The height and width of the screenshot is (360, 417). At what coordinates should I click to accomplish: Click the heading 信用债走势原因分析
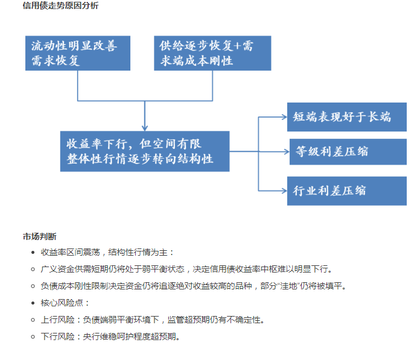[60, 5]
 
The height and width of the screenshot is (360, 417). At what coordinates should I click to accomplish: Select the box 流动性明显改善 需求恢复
[78, 53]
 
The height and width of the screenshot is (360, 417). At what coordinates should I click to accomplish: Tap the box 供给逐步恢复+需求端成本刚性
[212, 53]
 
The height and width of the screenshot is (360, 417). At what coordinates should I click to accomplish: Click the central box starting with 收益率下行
[145, 151]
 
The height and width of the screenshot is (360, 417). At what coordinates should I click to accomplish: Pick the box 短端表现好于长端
[347, 117]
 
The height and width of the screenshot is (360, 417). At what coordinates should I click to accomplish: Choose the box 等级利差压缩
[348, 152]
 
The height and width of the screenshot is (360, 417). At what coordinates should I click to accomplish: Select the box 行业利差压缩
[347, 191]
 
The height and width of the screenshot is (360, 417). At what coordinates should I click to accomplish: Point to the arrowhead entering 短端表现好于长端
[285, 117]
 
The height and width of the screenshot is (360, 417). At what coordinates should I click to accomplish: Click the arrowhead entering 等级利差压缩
[287, 152]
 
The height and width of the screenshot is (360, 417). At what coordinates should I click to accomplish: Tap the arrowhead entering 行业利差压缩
[285, 191]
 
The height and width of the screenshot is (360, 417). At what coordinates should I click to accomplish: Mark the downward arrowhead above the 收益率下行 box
[145, 128]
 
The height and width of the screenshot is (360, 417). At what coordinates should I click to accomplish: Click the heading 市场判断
[40, 236]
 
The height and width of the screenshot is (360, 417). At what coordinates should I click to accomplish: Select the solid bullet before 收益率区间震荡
[33, 253]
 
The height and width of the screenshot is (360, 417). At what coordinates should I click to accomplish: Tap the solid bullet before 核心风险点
[33, 303]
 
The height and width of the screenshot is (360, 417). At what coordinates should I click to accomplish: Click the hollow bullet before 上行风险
[33, 320]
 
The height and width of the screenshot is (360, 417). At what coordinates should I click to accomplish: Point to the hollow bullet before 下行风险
[33, 337]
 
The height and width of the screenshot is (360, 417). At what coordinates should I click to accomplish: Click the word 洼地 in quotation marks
[288, 286]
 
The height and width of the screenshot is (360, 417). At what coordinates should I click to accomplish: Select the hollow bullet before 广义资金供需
[33, 270]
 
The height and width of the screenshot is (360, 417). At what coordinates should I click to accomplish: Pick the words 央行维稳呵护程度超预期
[129, 336]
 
